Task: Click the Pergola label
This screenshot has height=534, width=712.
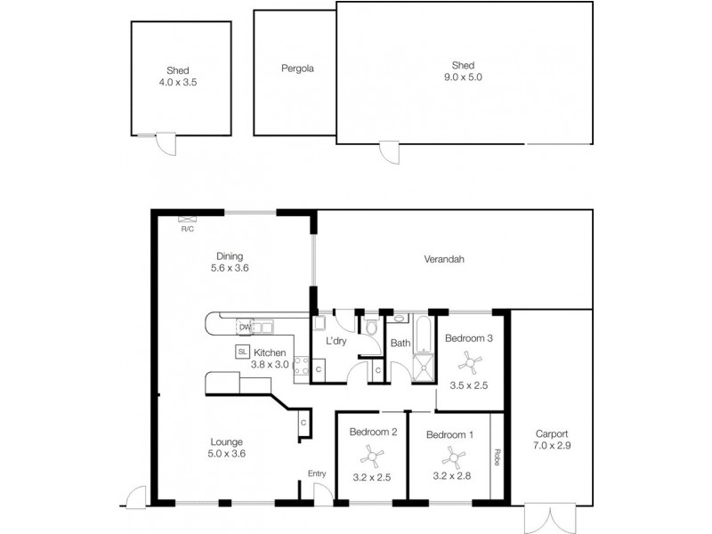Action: click(297, 69)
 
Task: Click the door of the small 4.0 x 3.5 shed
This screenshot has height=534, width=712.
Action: click(164, 143)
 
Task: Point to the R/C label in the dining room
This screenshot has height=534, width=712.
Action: click(188, 229)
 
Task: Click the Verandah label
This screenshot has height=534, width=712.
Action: click(444, 260)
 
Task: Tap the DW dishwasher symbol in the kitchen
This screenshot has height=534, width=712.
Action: click(245, 328)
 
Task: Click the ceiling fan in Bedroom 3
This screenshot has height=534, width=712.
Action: click(469, 361)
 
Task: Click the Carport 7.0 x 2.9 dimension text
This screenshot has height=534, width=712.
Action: click(553, 445)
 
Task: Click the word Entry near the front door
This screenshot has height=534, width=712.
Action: click(317, 473)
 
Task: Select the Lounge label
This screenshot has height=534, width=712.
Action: click(227, 441)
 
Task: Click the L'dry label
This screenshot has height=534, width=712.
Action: click(336, 341)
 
